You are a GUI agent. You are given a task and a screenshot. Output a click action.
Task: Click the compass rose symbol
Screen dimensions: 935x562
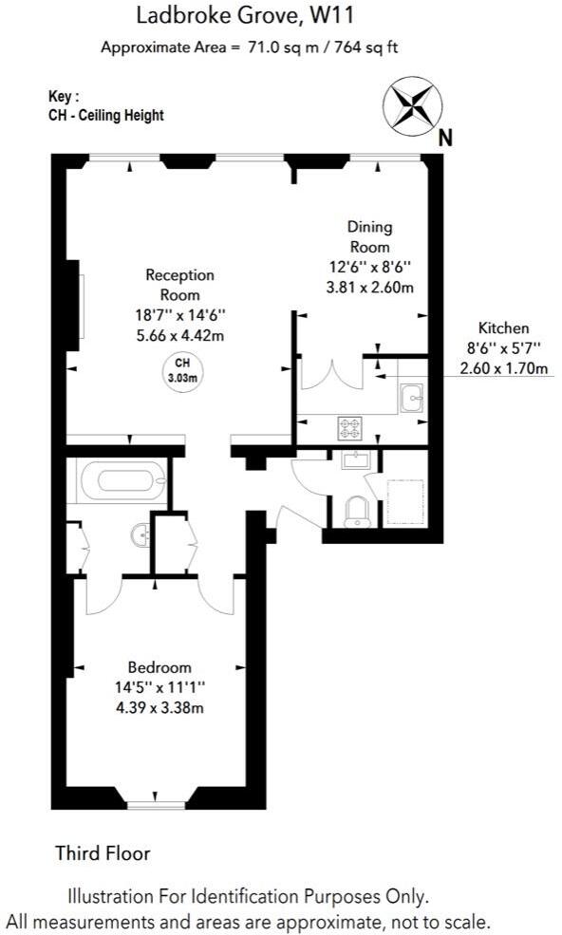click(411, 106)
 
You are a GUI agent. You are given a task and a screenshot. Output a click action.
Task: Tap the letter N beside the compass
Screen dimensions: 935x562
click(444, 138)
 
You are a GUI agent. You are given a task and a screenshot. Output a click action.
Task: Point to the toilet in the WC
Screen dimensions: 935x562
click(357, 511)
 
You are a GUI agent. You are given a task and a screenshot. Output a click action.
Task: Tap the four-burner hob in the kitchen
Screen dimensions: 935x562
click(349, 428)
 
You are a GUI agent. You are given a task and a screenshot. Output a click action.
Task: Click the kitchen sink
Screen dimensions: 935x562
click(412, 399)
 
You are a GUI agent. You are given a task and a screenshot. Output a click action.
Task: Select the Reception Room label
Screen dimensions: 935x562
click(180, 285)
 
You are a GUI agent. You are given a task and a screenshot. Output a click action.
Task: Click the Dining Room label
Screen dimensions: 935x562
click(369, 236)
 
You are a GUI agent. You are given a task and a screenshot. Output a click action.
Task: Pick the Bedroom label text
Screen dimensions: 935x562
click(159, 667)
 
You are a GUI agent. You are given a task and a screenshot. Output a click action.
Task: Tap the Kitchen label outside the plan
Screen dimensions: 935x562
click(503, 327)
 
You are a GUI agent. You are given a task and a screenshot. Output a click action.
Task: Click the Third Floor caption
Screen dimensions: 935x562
click(103, 853)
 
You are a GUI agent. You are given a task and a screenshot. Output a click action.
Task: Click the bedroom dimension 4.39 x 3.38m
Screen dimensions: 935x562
click(159, 707)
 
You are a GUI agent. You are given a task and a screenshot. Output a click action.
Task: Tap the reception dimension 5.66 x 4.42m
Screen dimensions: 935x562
click(180, 334)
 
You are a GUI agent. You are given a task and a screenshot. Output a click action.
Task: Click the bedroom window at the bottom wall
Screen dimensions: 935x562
click(157, 806)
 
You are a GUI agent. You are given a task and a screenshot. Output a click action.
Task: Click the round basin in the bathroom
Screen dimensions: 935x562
click(140, 536)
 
